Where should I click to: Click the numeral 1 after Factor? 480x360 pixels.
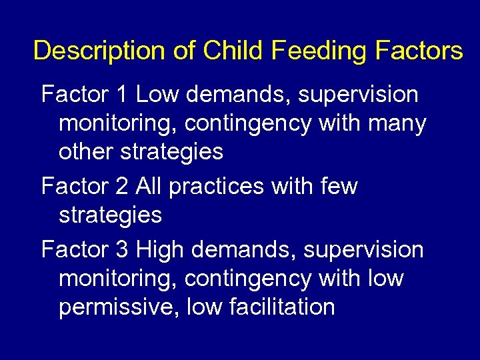click(121, 95)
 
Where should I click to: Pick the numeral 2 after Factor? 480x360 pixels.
click(121, 187)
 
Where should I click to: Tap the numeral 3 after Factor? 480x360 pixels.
click(121, 249)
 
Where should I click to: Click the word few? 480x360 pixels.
click(339, 187)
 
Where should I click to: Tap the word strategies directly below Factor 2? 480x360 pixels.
click(111, 215)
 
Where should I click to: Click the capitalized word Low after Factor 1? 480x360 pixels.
click(158, 95)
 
